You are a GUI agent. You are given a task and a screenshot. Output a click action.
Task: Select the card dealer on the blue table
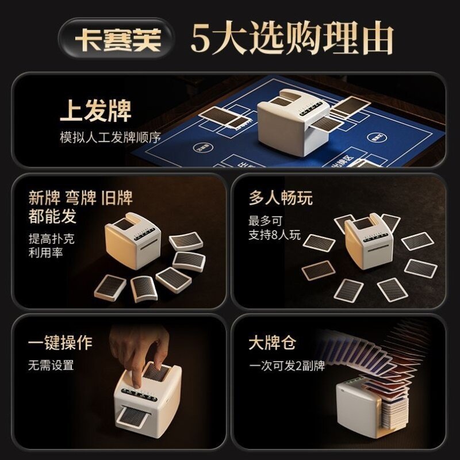point(290,124)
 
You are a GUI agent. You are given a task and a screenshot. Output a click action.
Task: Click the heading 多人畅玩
point(281,198)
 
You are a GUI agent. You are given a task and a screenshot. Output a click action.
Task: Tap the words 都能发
point(52,216)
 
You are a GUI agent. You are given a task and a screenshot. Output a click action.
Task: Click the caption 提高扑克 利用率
point(52,245)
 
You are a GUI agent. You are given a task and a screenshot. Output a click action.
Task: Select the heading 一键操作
point(60,342)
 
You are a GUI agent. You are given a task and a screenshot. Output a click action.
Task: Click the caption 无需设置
point(51,365)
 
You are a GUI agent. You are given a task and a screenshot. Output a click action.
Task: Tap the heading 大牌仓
point(272,342)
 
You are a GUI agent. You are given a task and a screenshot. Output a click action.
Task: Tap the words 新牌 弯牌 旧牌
point(80,198)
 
